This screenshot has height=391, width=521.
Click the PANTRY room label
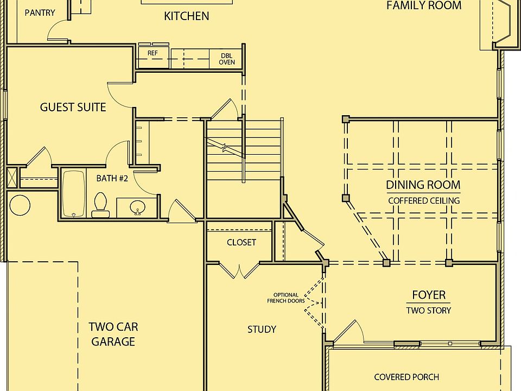[x=40, y=12]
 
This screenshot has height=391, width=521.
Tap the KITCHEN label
[x=186, y=16]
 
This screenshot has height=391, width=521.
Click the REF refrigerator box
[x=153, y=54]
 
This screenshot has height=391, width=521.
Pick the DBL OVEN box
[x=227, y=59]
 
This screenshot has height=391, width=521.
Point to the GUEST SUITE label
[x=73, y=107]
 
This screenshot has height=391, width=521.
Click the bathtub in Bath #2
[x=73, y=194]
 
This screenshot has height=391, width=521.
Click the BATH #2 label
[x=112, y=178]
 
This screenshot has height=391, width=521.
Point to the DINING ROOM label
[x=423, y=185]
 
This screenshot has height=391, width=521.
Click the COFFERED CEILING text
[x=424, y=200]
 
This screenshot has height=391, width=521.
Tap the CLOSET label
[x=241, y=242]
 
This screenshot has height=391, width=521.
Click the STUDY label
[x=262, y=329]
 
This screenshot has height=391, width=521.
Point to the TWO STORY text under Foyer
[x=429, y=311]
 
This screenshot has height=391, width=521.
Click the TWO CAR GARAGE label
[x=113, y=334]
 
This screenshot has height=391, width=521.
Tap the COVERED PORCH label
[x=406, y=377]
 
